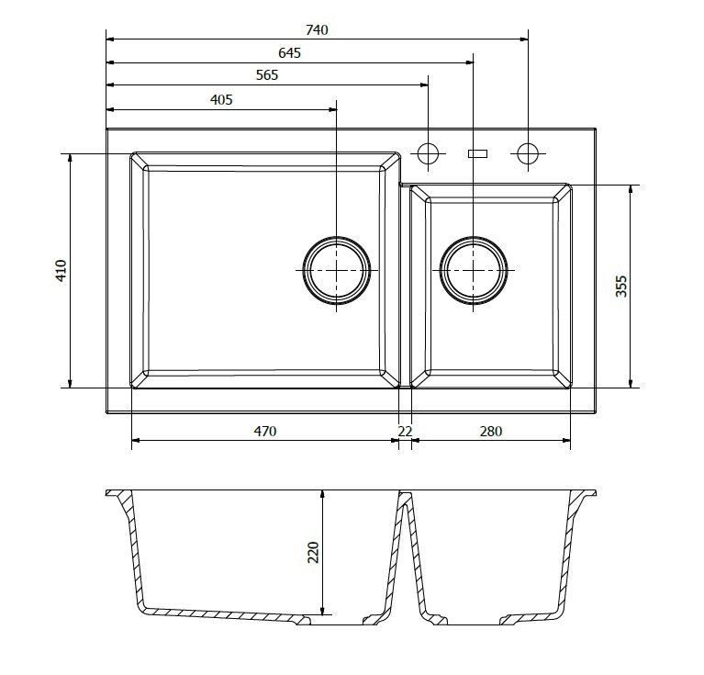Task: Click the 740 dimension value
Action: coord(317,30)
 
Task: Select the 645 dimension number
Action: coord(290,53)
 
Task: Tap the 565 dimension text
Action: coord(267,75)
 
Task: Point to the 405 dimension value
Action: coord(221,100)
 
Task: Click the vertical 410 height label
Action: coord(61,270)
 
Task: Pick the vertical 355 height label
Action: coord(621,287)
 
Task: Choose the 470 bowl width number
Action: coord(265,431)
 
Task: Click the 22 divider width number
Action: coord(405,431)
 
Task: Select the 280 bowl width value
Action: coord(491,431)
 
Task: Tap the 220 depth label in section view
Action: coord(313,552)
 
